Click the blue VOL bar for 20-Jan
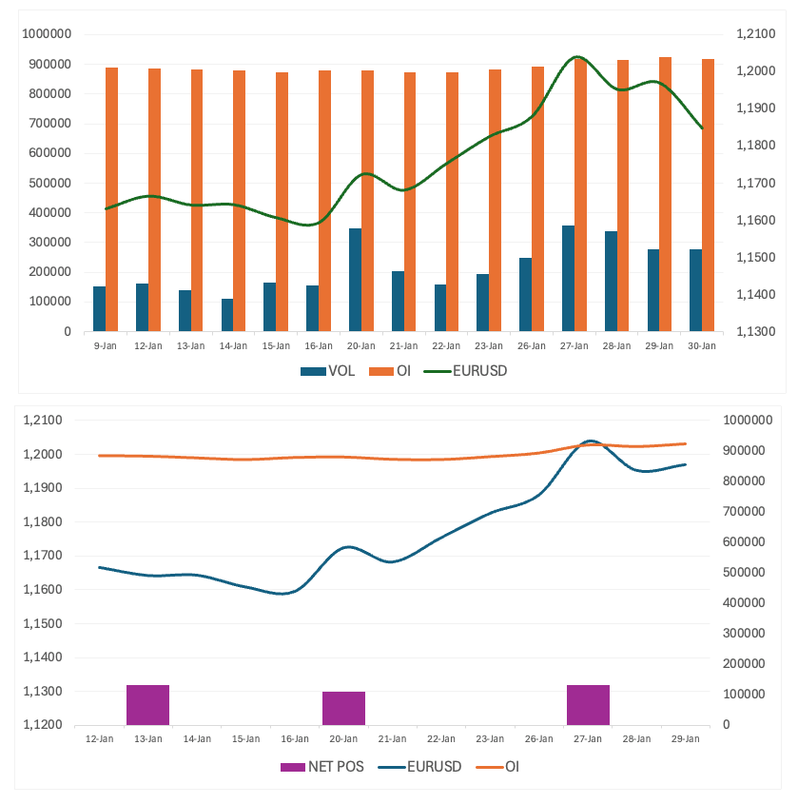pyautogui.click(x=355, y=280)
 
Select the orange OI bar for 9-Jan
pyautogui.click(x=112, y=200)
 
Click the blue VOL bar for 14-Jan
pyautogui.click(x=227, y=315)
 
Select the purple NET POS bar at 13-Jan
pyautogui.click(x=147, y=704)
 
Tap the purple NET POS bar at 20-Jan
pyautogui.click(x=343, y=708)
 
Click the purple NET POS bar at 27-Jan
pyautogui.click(x=588, y=704)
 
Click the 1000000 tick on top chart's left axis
pyautogui.click(x=47, y=34)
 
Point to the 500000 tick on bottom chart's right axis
pyautogui.click(x=744, y=572)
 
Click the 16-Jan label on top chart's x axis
pyautogui.click(x=319, y=345)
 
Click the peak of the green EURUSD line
pyautogui.click(x=577, y=57)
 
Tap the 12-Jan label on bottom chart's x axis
pyautogui.click(x=99, y=738)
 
